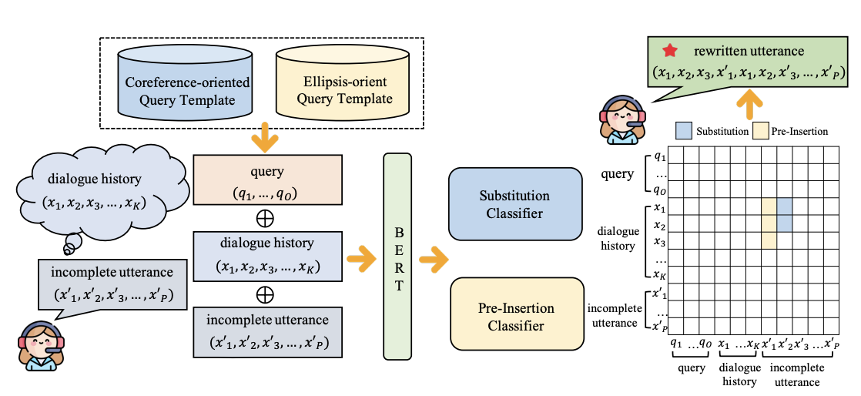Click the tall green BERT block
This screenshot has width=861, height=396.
click(397, 256)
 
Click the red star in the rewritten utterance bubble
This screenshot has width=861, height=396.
click(670, 52)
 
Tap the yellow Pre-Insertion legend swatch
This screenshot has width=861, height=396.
click(762, 131)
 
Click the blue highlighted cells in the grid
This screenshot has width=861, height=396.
click(785, 215)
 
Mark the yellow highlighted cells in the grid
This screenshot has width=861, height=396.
click(769, 223)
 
